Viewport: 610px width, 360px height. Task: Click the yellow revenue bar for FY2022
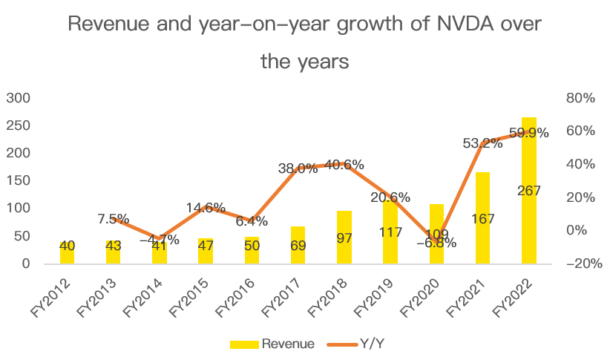tap(529, 223)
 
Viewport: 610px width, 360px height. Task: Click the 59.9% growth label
tap(528, 134)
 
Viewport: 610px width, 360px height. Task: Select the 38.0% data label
tap(298, 168)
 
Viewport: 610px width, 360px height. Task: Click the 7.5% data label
tap(114, 219)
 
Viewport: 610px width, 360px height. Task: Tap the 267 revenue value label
tap(529, 191)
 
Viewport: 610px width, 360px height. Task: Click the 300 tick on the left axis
tap(18, 98)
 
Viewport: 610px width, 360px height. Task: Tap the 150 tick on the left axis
tap(18, 181)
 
